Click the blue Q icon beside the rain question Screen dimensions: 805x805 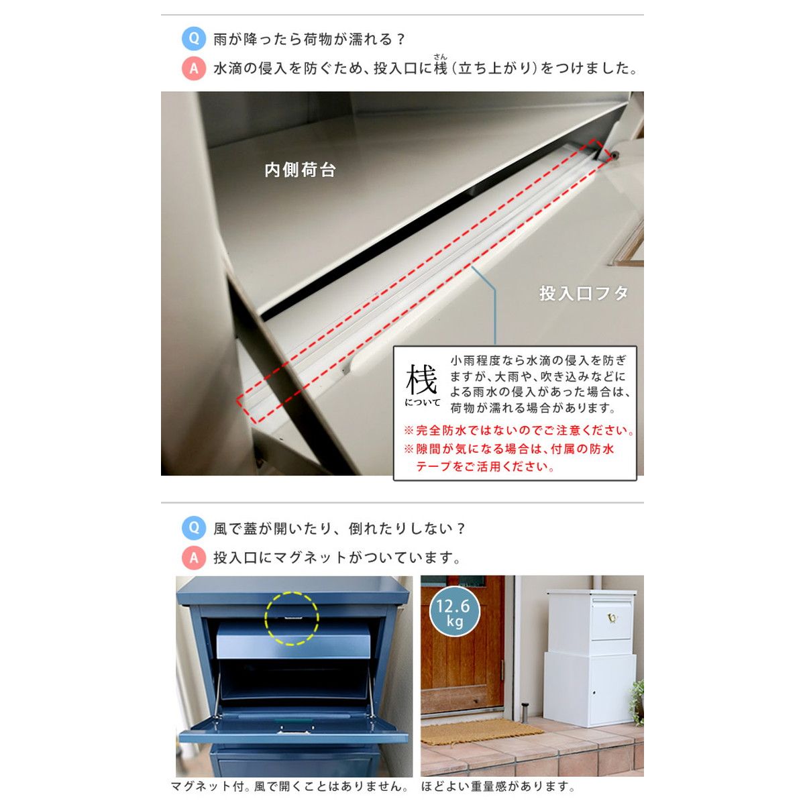[193, 39]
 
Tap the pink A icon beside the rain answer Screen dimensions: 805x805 [193, 68]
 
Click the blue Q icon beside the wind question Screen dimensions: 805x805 [193, 528]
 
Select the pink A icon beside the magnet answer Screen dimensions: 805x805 [193, 557]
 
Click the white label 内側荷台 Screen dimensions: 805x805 [300, 170]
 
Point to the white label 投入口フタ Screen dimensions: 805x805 [583, 293]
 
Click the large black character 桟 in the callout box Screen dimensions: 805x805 [421, 379]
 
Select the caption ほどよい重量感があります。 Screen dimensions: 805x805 [498, 786]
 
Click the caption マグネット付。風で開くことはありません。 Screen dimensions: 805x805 [290, 786]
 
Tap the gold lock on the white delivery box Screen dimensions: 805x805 [612, 617]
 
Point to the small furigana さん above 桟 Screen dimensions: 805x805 [440, 56]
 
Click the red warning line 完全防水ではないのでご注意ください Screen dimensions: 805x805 [519, 430]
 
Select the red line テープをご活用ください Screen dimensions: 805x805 [484, 467]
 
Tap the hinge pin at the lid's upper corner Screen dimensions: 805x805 [614, 156]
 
